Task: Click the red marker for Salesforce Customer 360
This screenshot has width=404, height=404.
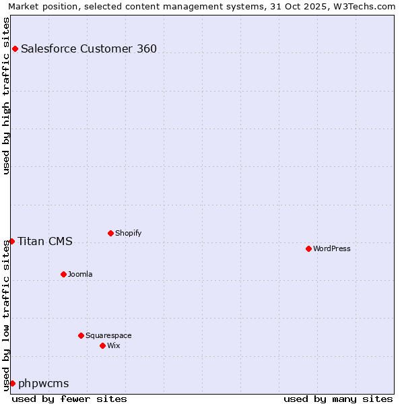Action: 15,48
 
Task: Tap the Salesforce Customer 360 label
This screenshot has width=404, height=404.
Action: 89,48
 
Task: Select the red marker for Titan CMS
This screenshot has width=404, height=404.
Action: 12,241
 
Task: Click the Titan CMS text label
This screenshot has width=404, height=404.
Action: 45,242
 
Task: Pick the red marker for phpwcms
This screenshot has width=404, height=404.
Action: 12,383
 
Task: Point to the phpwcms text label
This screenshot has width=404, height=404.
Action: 44,384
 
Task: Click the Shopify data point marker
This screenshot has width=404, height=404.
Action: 110,233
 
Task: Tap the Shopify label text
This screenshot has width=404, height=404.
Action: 128,234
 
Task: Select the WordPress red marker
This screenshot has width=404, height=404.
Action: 308,248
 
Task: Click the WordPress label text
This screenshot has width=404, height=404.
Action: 331,249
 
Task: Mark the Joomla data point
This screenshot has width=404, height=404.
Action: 63,274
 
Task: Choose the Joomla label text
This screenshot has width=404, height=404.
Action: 80,275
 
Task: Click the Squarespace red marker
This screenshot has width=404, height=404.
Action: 81,335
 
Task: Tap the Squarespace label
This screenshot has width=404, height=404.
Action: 108,336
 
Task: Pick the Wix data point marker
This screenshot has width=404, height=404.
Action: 102,345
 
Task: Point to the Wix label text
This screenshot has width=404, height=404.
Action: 114,346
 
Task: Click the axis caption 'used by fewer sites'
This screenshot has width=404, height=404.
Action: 69,399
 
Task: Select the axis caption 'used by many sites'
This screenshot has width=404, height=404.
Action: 338,399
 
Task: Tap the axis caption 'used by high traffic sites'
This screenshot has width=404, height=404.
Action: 6,96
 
